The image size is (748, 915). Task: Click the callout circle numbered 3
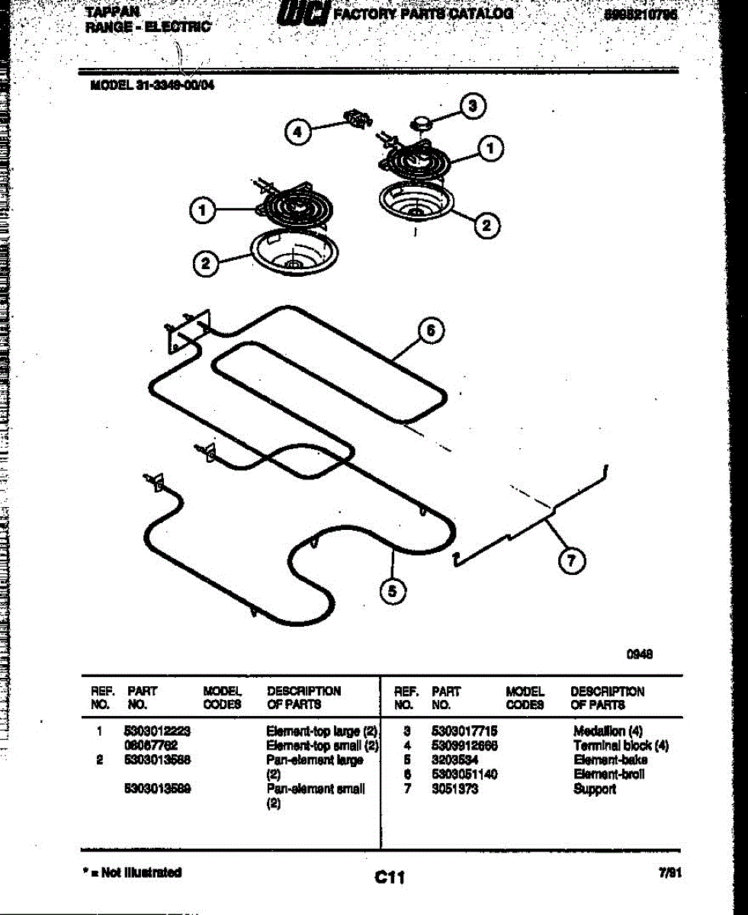(x=472, y=105)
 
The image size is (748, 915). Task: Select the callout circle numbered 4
(x=298, y=132)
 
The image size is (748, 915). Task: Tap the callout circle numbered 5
(x=393, y=591)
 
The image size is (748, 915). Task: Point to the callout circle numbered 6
(x=431, y=330)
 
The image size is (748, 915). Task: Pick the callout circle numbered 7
(x=571, y=562)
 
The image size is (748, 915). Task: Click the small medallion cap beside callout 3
(x=422, y=120)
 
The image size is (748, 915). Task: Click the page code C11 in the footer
(x=389, y=878)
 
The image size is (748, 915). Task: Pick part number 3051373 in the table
(x=454, y=789)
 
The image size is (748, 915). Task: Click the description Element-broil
(x=609, y=775)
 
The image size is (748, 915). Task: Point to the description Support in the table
(x=595, y=789)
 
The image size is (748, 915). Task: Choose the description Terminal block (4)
(x=621, y=746)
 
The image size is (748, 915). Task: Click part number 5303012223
(x=156, y=731)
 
